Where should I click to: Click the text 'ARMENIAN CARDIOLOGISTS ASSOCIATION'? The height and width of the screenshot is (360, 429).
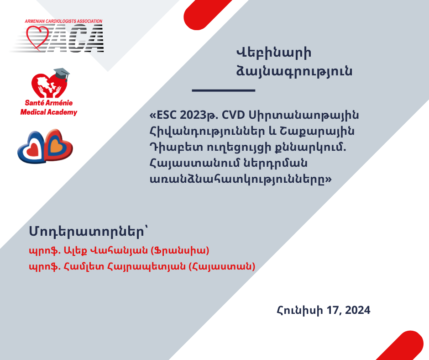click(63, 21)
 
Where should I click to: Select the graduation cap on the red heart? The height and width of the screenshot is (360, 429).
click(62, 74)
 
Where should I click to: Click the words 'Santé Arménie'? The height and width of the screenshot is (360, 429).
click(49, 103)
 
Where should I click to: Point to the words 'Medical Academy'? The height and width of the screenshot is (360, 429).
click(49, 112)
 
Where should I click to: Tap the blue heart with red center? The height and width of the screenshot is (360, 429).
click(31, 148)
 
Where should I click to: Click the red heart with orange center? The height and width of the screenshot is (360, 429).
click(58, 145)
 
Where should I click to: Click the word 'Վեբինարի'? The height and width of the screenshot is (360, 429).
click(273, 53)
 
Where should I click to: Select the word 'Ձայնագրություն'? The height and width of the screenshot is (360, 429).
click(294, 72)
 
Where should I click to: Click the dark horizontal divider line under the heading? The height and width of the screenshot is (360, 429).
click(224, 90)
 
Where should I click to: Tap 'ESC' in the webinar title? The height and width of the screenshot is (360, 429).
click(166, 115)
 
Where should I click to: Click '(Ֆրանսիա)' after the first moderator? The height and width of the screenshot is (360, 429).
click(180, 250)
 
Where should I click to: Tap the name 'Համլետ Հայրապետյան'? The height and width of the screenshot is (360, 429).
click(125, 266)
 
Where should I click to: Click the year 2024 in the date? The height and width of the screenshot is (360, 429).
click(358, 310)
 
